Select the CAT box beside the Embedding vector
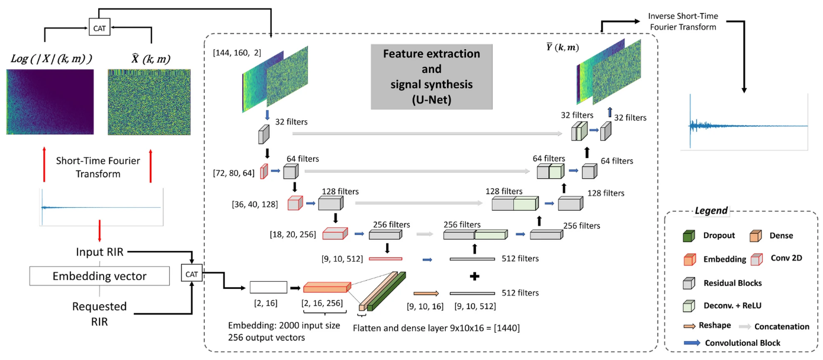coord(192,274)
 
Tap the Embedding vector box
coord(99,276)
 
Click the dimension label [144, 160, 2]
coord(236,54)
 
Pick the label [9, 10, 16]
coord(423,306)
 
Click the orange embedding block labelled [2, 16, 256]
coord(325,288)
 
